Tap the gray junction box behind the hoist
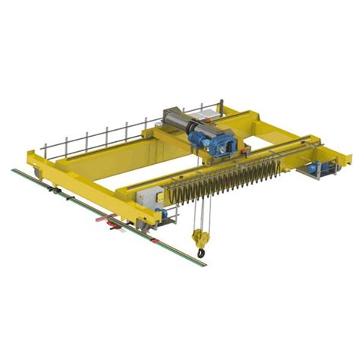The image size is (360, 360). (204, 115)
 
